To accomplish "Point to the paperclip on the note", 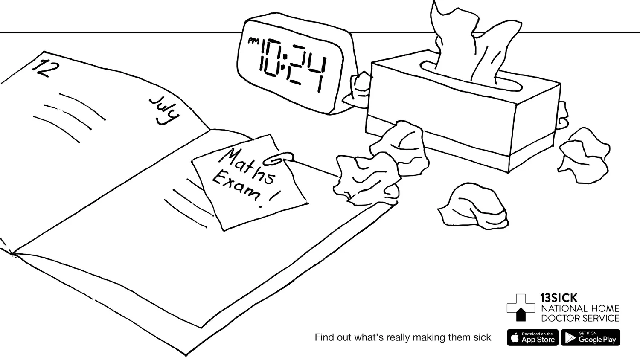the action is click(279, 159).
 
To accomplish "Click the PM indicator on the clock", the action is click(253, 41).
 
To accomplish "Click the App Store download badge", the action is click(532, 337).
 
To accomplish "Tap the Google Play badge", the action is click(590, 337).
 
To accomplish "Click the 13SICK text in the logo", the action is click(559, 298).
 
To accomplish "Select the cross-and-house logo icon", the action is click(521, 307).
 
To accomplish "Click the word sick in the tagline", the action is click(482, 337).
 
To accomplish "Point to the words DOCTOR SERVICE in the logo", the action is click(580, 318).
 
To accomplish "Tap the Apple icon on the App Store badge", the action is click(515, 338).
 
